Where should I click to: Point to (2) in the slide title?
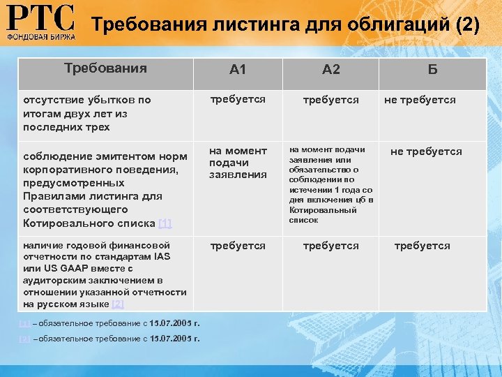click(466, 25)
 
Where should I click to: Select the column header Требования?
click(105, 68)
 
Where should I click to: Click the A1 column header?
click(238, 69)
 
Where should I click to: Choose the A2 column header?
click(330, 69)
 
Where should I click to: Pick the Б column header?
click(432, 69)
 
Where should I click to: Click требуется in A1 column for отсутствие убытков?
click(238, 99)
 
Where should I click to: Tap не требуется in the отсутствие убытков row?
click(420, 100)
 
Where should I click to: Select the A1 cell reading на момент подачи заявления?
click(238, 162)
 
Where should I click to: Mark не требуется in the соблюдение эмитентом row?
click(426, 151)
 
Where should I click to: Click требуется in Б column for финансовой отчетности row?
click(422, 246)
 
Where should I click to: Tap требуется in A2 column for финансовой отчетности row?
click(330, 246)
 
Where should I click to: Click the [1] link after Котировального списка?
click(165, 223)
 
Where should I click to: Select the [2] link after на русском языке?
click(118, 304)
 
